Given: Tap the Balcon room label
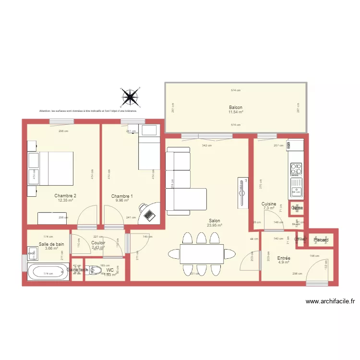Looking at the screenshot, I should click(236, 108).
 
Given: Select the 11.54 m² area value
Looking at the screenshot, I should click(236, 112).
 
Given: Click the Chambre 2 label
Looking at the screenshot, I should click(65, 195).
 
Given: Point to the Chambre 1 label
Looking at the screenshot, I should click(122, 196).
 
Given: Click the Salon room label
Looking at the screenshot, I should click(214, 221).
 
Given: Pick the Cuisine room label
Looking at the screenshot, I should click(269, 204).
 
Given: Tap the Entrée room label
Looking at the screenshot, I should click(284, 258).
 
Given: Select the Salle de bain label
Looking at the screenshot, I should click(51, 244).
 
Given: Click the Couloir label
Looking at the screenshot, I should click(98, 243).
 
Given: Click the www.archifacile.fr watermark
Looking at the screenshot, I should click(330, 301).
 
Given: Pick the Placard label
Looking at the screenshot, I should click(321, 240).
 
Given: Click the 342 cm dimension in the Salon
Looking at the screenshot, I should click(206, 145).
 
